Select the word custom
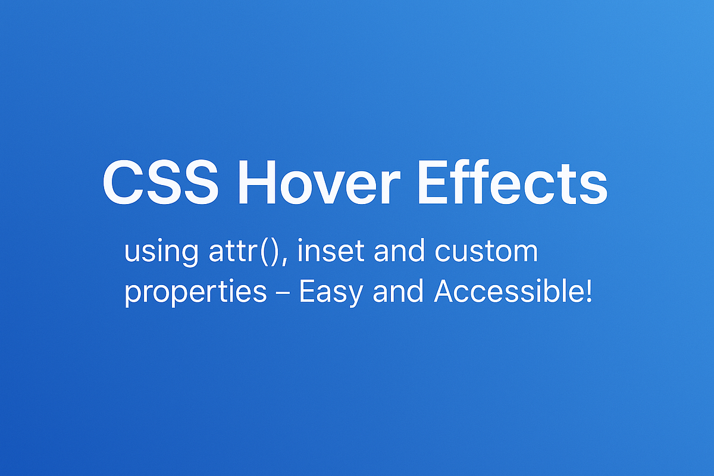tap(486, 252)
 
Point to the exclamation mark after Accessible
tap(589, 291)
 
